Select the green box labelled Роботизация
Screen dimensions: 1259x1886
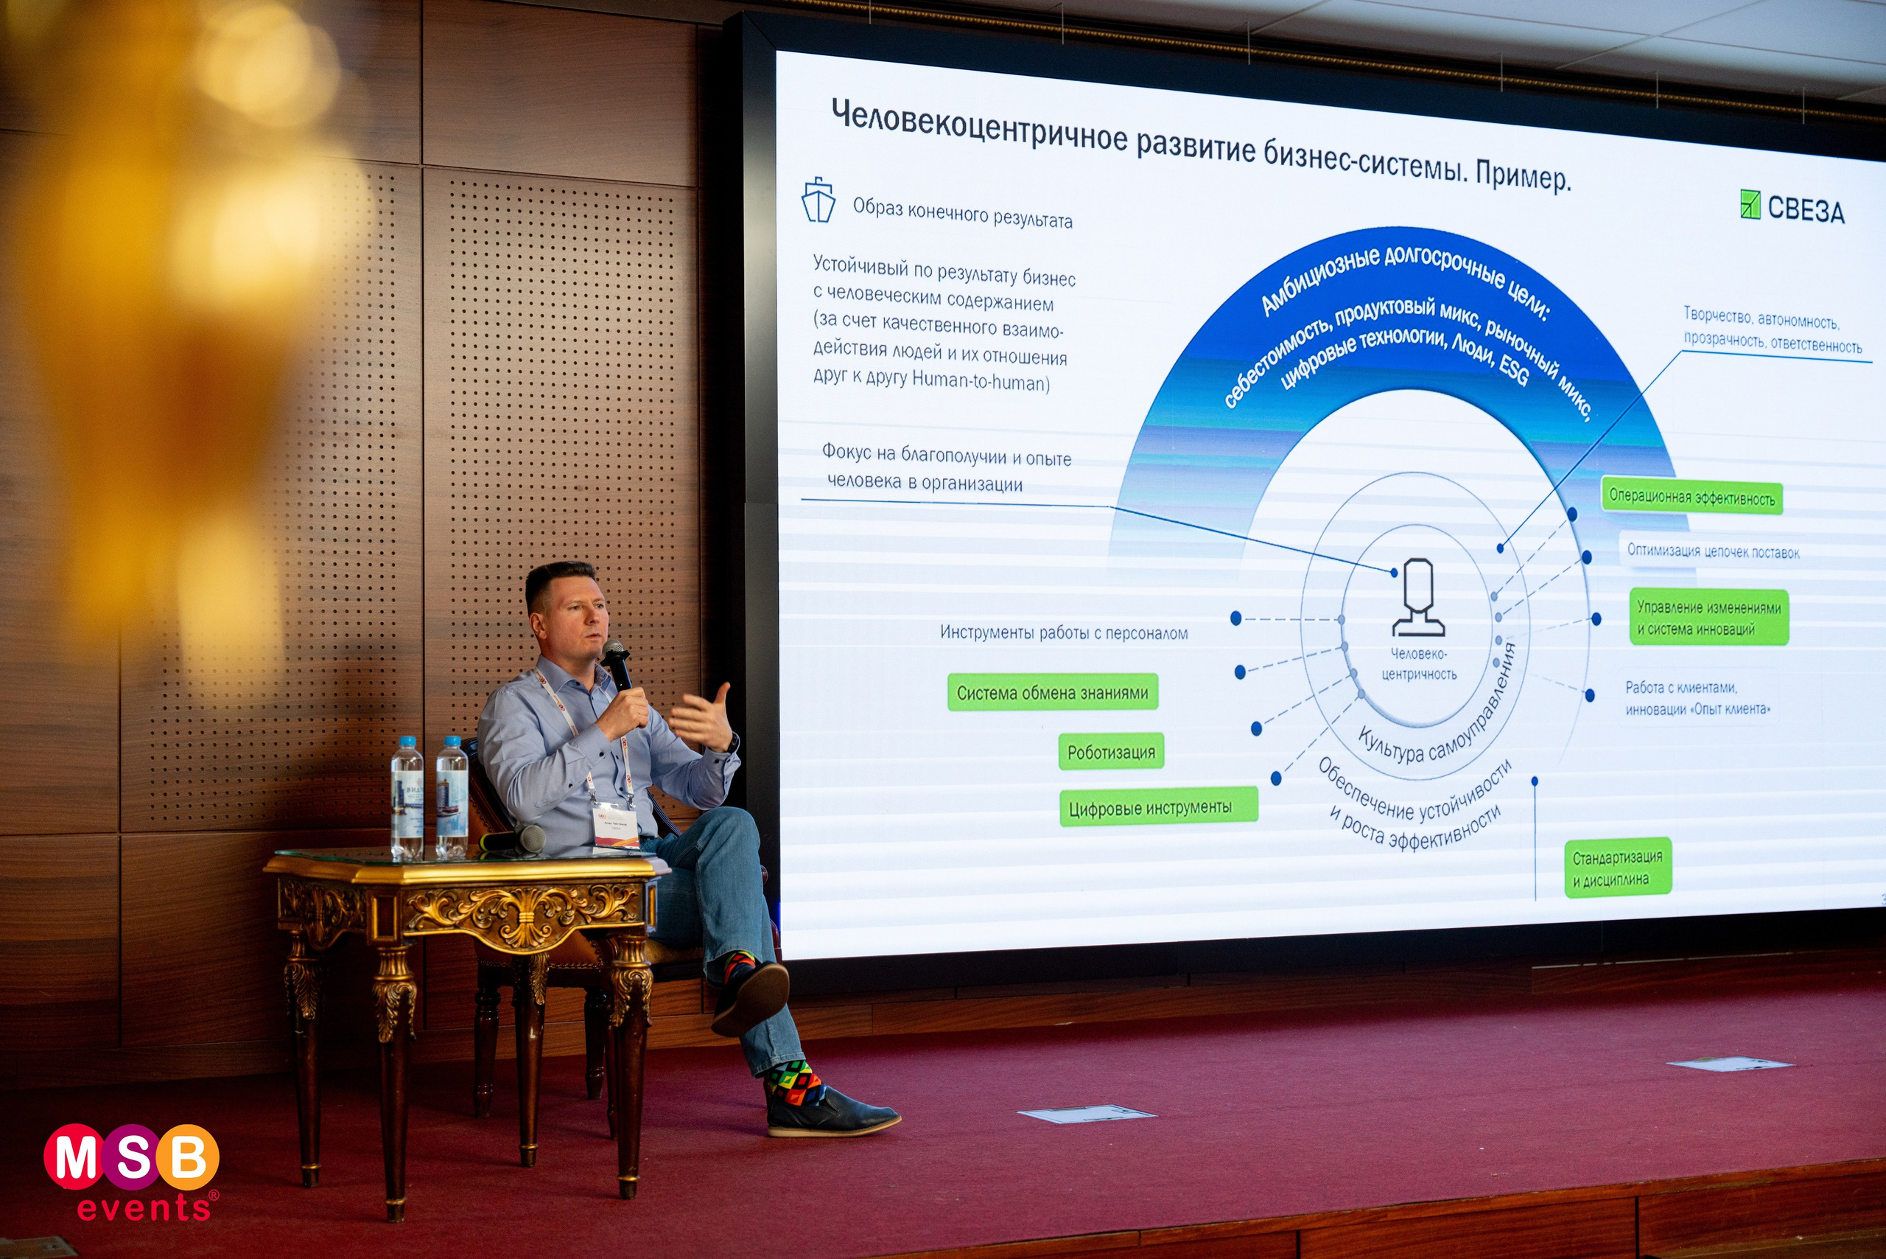tap(1111, 752)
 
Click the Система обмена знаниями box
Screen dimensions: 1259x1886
tap(1052, 692)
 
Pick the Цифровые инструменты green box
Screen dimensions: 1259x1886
tap(1157, 807)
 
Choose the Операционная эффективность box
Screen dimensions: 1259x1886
tap(1691, 497)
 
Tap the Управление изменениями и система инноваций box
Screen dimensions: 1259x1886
tap(1708, 618)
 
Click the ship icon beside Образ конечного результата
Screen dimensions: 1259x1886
tap(818, 200)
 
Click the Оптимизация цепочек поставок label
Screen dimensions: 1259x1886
tap(1712, 551)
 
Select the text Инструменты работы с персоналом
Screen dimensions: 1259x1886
tap(1063, 632)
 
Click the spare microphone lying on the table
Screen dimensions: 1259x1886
tap(514, 840)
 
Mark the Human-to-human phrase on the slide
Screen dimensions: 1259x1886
tap(980, 381)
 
